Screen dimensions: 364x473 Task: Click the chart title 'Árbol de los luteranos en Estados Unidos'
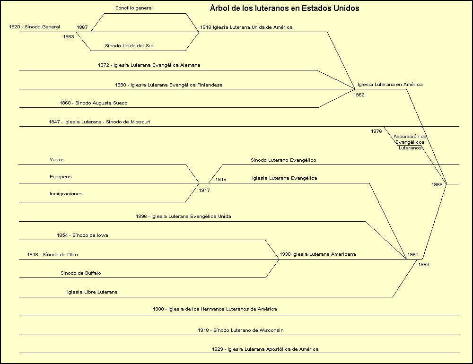pos(284,9)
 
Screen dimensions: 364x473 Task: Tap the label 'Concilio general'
pos(134,8)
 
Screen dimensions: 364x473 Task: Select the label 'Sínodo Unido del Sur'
pos(129,46)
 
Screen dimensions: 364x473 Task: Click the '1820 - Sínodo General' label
pos(35,27)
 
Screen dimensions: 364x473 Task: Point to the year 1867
pos(82,27)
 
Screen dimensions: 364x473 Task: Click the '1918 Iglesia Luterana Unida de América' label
pos(246,27)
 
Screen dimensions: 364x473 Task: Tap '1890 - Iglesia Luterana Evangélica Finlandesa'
pos(169,85)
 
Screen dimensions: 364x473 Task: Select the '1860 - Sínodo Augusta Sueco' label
pos(94,103)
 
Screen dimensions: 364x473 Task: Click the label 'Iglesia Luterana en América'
pos(390,85)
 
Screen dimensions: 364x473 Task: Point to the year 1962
pos(359,95)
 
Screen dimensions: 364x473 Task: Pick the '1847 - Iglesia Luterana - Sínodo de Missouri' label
pos(99,122)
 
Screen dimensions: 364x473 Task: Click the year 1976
pos(377,131)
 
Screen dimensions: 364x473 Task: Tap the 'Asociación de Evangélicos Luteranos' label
pos(410,142)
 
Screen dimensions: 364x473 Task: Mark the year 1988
pos(437,184)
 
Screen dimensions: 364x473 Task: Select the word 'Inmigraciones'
pos(66,194)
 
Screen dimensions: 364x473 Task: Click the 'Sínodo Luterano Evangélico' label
pos(283,160)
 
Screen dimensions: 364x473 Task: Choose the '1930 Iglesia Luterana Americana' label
pos(317,254)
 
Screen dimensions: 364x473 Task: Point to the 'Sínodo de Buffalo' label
pos(81,273)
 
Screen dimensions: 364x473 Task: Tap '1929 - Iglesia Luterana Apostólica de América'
pos(265,349)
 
